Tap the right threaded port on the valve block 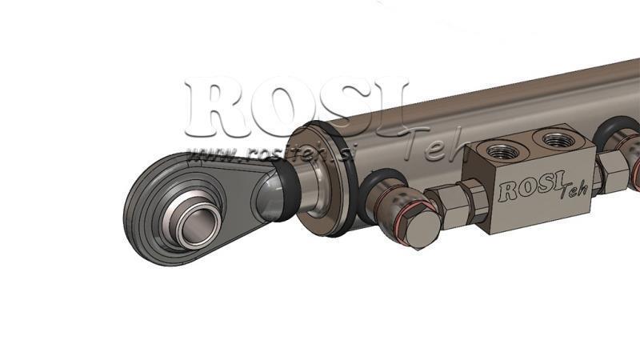558,139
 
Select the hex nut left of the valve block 454,203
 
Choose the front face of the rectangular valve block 544,196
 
